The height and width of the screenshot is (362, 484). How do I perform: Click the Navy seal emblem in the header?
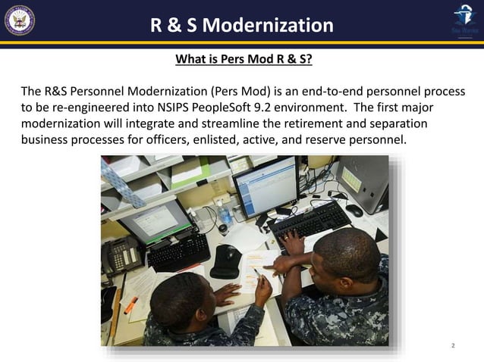19,21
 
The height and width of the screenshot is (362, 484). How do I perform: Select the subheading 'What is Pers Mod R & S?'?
244,59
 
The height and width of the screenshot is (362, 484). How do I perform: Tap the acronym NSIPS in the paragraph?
172,108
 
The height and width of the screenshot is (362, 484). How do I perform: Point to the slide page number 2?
453,345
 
